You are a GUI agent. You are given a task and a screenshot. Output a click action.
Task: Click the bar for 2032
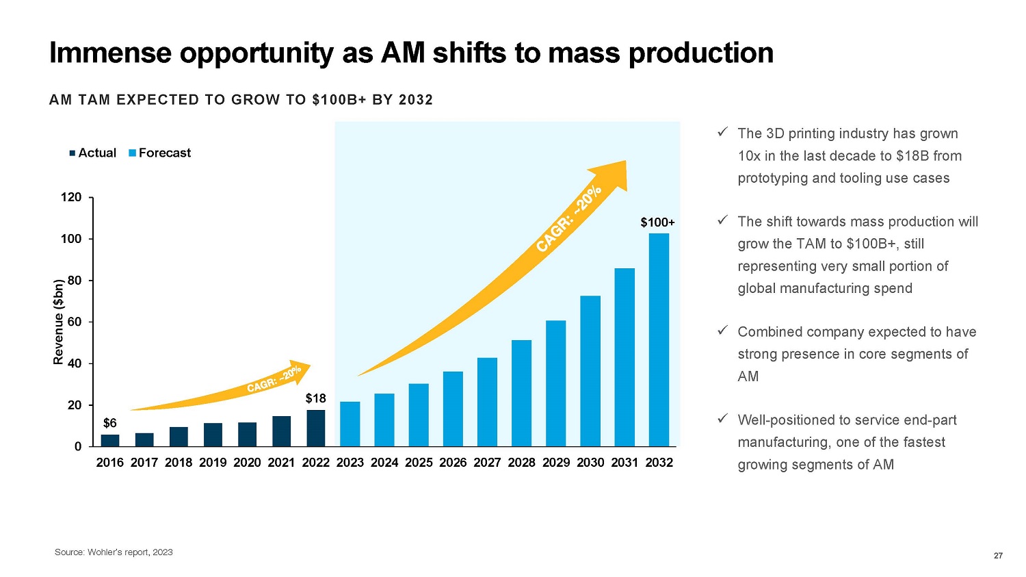(659, 339)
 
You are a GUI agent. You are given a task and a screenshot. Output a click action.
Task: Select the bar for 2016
(110, 440)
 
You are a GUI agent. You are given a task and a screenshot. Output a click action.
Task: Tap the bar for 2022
(315, 428)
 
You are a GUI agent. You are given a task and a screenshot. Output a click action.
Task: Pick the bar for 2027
(487, 402)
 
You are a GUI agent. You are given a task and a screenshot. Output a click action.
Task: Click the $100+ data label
(657, 222)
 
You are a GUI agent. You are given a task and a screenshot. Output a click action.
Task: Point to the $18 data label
(315, 398)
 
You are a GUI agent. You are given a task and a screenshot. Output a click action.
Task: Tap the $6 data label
(109, 423)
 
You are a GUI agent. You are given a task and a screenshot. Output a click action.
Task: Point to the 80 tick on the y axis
(74, 281)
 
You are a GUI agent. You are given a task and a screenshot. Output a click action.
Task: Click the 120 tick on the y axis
(71, 197)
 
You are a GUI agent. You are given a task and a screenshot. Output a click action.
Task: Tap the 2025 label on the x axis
(419, 463)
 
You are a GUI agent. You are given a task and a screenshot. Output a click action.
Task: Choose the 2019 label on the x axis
(213, 463)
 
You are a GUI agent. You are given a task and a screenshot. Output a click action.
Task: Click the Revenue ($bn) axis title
(59, 322)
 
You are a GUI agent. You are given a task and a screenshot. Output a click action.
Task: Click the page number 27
(998, 555)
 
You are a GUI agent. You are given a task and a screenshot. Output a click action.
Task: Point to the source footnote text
(114, 552)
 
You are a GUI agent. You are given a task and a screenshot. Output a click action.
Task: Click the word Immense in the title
(109, 53)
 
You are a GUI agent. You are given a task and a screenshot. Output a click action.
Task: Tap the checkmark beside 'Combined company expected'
(722, 331)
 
